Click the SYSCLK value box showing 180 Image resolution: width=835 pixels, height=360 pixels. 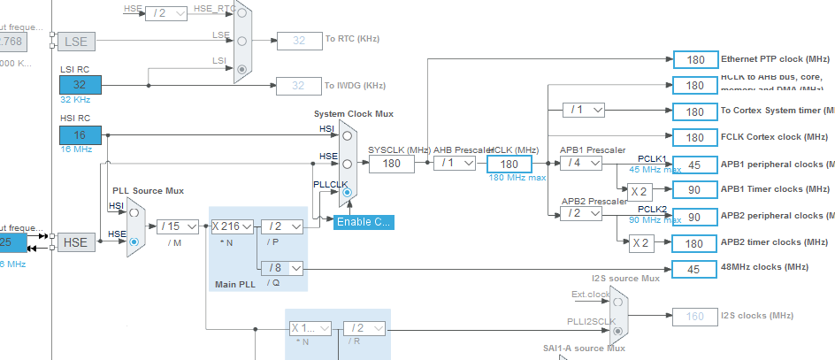click(x=392, y=164)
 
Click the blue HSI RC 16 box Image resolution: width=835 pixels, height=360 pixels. click(x=80, y=135)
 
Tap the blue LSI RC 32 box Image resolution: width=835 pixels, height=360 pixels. click(x=80, y=85)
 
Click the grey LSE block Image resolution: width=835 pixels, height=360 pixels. click(x=76, y=42)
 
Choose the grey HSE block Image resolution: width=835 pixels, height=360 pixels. click(x=76, y=241)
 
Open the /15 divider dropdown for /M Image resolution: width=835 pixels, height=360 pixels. click(x=179, y=226)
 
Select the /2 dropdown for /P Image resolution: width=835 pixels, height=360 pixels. click(x=282, y=226)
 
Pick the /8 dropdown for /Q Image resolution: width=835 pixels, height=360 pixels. click(x=282, y=267)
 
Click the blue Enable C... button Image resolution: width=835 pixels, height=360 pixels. click(x=363, y=222)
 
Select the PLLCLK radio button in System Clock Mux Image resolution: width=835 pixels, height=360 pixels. click(x=347, y=192)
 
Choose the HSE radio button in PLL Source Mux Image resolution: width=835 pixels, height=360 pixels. click(x=134, y=240)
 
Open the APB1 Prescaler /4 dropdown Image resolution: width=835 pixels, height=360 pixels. click(x=582, y=164)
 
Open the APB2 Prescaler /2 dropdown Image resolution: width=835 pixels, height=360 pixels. click(x=582, y=213)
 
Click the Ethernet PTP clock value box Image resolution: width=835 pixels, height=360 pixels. click(x=695, y=59)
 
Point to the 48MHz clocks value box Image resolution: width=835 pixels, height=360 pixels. click(x=695, y=269)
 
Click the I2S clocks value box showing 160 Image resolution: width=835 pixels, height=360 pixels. click(x=695, y=316)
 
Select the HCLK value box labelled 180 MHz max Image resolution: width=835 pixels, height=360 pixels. click(x=509, y=164)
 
